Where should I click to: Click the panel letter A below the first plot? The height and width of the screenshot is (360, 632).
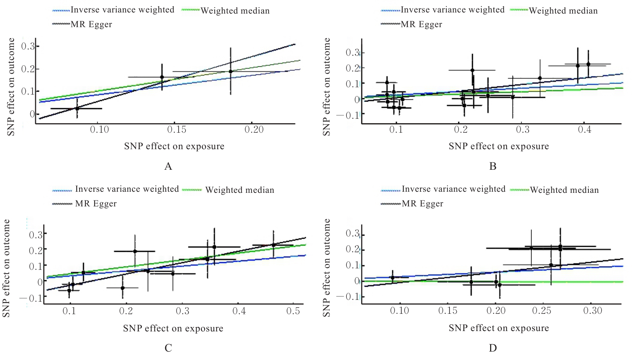point(168,166)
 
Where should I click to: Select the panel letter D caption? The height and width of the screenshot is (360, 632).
point(493,348)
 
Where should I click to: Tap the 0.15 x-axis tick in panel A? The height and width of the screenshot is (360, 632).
point(177,130)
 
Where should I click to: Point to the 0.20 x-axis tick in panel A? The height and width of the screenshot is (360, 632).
point(254,130)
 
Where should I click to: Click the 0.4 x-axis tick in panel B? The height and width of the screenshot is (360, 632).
point(584,130)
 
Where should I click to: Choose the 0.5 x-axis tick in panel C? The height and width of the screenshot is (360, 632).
point(293,311)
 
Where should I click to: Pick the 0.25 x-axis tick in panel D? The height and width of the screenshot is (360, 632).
point(541,311)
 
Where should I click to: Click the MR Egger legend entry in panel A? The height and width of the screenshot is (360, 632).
point(91,25)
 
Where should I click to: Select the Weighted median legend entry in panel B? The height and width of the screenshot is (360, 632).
point(563,11)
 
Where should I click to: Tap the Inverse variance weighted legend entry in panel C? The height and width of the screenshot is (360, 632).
point(127,189)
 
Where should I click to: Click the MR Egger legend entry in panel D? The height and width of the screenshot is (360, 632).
point(422,204)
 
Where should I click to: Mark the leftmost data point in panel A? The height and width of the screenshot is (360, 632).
point(77,109)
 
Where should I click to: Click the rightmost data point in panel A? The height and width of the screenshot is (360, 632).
point(231,71)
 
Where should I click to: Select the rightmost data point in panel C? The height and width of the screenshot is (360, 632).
point(273,245)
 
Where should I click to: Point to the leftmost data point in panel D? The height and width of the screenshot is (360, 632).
point(393,278)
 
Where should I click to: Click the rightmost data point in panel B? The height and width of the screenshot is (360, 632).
point(588,64)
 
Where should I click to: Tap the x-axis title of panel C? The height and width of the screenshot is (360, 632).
point(173,328)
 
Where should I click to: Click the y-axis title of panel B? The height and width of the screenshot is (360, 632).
point(327,87)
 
